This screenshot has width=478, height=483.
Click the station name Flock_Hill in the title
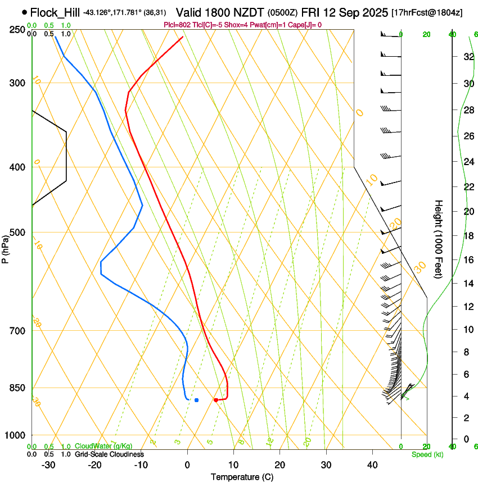pos(55,12)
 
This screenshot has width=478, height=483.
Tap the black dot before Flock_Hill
pos(24,12)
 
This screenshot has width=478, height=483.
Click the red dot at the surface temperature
pos(216,400)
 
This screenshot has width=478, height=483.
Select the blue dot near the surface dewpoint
pos(196,400)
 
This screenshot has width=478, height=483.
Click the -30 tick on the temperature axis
pos(48,464)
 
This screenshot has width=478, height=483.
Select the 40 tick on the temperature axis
pos(372,464)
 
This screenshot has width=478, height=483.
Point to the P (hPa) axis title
pos(6,247)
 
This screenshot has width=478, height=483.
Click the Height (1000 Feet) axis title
pos(439,239)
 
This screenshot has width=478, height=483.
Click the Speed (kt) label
pos(427,454)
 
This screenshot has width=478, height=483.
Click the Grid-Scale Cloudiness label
pos(109,454)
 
